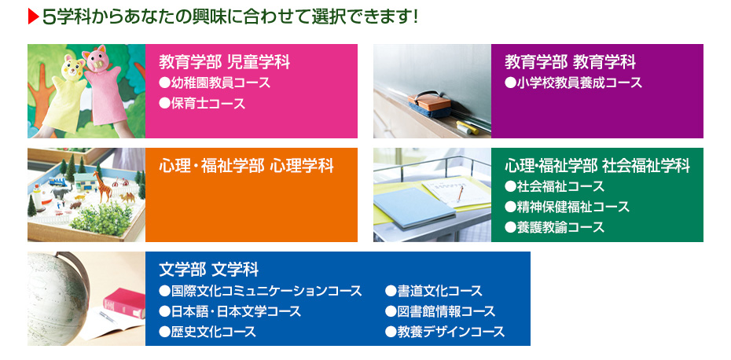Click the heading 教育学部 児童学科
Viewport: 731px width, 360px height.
click(x=225, y=62)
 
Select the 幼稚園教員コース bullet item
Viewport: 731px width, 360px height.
click(x=214, y=83)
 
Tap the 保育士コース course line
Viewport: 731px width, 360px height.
click(x=202, y=103)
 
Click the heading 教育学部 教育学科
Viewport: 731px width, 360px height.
click(x=570, y=62)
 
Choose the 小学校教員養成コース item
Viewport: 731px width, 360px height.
click(x=573, y=83)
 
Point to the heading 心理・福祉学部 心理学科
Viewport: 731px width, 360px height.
click(x=246, y=166)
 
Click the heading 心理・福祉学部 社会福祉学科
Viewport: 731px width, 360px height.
click(x=597, y=166)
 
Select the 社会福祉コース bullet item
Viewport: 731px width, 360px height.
click(x=554, y=186)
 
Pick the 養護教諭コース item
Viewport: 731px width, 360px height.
click(x=554, y=227)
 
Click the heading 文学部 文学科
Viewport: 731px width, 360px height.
click(x=208, y=270)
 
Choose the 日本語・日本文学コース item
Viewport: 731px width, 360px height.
click(x=230, y=311)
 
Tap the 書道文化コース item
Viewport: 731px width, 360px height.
click(x=434, y=291)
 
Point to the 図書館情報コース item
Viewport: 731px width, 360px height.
click(x=440, y=311)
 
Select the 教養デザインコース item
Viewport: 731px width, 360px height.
click(x=445, y=332)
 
